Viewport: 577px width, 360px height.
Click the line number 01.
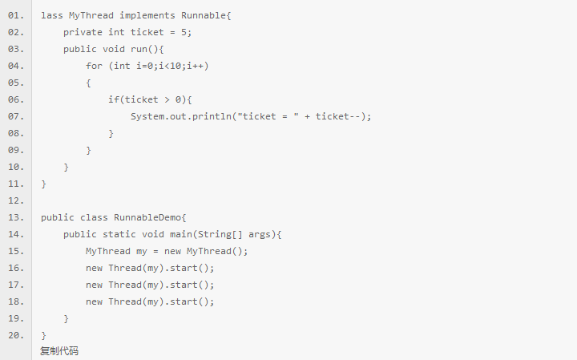coord(15,15)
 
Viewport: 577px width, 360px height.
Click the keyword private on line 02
coord(83,32)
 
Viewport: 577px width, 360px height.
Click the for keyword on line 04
coord(95,66)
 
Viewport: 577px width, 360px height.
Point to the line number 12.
coord(15,200)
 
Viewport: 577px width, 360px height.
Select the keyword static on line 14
coord(119,234)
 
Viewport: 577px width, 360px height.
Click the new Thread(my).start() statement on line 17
coord(151,285)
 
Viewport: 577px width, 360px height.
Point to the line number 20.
coord(15,335)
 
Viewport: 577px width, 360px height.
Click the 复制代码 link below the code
coord(59,351)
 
